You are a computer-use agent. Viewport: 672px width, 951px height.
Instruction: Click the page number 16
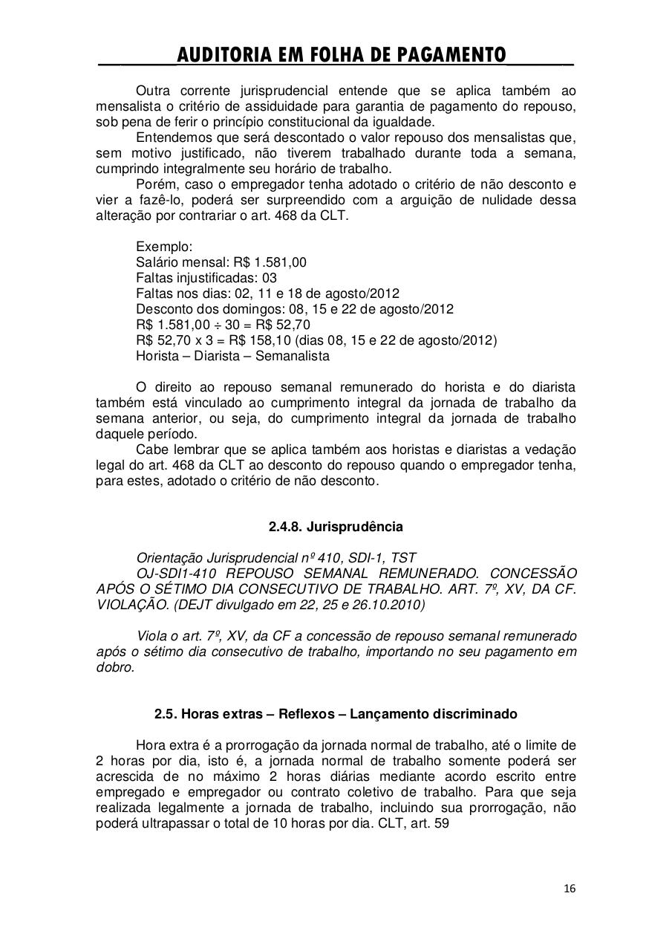(x=570, y=889)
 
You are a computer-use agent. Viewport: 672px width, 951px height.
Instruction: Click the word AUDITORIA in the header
(x=226, y=55)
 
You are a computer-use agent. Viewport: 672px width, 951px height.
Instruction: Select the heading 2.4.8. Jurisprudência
(x=336, y=527)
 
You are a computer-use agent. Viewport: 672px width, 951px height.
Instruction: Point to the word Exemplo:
(x=164, y=247)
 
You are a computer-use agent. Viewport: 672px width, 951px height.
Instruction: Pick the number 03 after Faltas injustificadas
(x=269, y=278)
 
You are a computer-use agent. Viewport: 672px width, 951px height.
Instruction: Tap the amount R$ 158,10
(x=261, y=340)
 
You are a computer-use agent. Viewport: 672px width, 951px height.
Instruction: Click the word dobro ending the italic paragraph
(x=114, y=667)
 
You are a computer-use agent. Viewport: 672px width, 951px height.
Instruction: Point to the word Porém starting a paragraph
(x=154, y=184)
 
